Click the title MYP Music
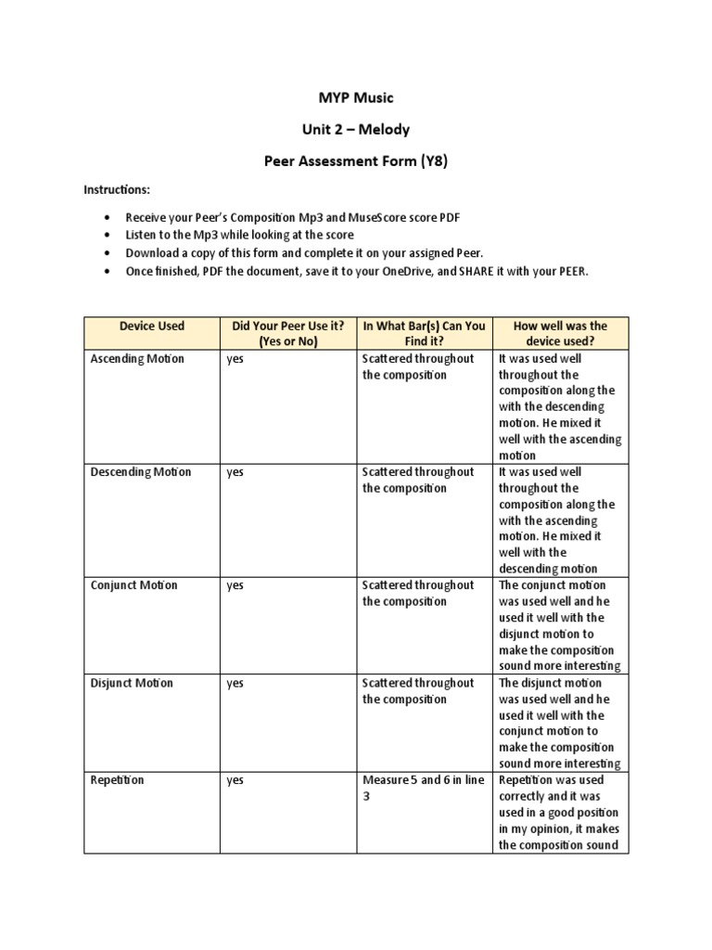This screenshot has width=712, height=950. [x=356, y=96]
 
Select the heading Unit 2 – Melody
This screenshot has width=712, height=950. [x=356, y=129]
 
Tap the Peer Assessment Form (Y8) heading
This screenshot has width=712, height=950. [x=356, y=161]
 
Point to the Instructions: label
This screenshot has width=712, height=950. [x=117, y=189]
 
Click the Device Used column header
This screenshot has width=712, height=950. [x=152, y=326]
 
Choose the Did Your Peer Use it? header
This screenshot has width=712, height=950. [x=287, y=334]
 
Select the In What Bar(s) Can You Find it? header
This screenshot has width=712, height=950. [x=424, y=334]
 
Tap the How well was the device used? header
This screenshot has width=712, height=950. [x=561, y=334]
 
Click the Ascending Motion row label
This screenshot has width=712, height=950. [x=137, y=359]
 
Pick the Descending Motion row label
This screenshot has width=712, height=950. [x=141, y=472]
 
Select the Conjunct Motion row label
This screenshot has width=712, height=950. [x=135, y=585]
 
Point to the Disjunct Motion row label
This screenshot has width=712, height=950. [x=132, y=684]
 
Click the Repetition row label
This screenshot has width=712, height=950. [x=117, y=781]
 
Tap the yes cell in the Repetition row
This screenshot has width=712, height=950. [x=235, y=781]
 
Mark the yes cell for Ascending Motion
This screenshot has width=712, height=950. [x=235, y=359]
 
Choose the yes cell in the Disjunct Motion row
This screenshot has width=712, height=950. [x=235, y=684]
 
